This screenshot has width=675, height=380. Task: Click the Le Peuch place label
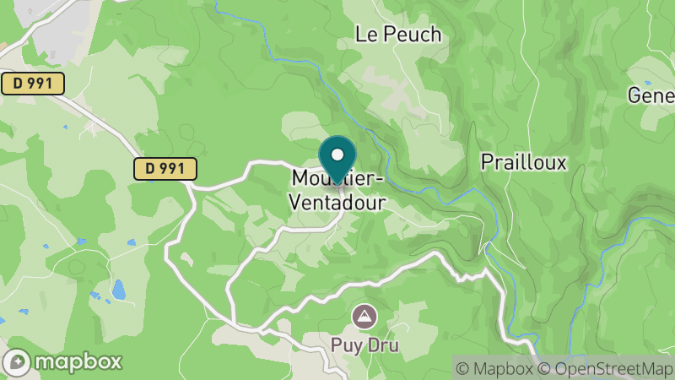pyautogui.click(x=398, y=35)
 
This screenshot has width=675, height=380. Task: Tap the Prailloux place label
pyautogui.click(x=523, y=162)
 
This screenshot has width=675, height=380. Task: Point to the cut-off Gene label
pyautogui.click(x=651, y=95)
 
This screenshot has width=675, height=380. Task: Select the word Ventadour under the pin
pyautogui.click(x=337, y=204)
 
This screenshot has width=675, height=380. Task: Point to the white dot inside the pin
pyautogui.click(x=337, y=155)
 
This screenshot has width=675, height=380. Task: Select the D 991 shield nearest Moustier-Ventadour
pyautogui.click(x=165, y=169)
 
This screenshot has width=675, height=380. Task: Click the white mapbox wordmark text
pyautogui.click(x=78, y=361)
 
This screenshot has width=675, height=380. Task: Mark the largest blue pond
pyautogui.click(x=119, y=290)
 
